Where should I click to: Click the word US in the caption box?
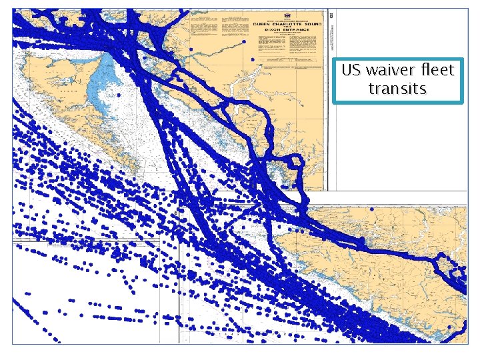coord(351,70)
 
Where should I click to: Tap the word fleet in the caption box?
coord(436,70)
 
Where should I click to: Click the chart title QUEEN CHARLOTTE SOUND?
coord(288,21)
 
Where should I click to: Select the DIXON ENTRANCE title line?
coord(288,30)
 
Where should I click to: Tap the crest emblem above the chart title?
coord(287,14)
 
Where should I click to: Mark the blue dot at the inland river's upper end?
coord(244,41)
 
